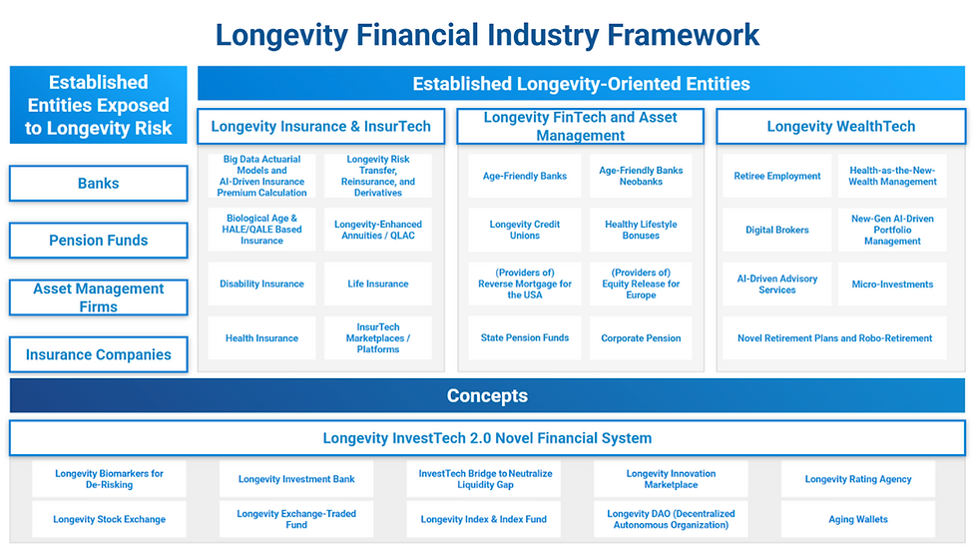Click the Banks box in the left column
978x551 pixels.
coord(99,184)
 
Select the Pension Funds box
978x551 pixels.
coord(99,241)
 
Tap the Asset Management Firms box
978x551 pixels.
coord(99,297)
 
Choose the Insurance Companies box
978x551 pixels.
coord(99,354)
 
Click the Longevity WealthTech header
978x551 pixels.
coord(840,126)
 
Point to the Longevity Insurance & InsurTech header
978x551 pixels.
coord(321,126)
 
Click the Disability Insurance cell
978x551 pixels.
coord(261,283)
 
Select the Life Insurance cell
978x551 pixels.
coord(378,283)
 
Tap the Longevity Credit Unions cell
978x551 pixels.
coord(525,230)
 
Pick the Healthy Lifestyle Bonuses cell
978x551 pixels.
coord(641,230)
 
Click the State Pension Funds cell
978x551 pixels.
coord(525,337)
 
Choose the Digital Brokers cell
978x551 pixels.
coord(777,230)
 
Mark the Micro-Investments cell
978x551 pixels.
coord(892,283)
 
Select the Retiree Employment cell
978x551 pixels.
coord(777,176)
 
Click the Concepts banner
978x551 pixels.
coord(487,395)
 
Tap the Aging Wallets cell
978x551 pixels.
coord(858,519)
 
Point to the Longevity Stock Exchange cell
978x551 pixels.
coord(109,519)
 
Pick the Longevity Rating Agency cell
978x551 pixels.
coord(858,479)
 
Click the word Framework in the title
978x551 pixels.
coord(684,35)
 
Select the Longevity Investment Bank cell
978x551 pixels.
coord(296,479)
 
